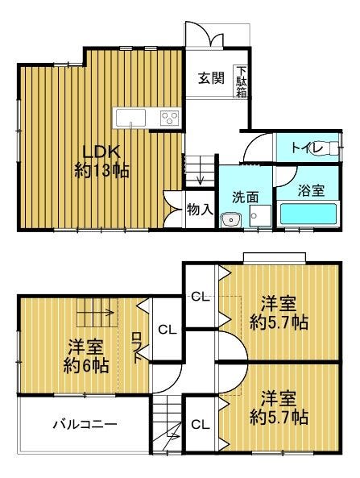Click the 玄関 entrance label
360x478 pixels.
(x=211, y=78)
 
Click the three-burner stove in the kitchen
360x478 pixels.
(x=170, y=118)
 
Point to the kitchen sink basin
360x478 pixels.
(x=131, y=118)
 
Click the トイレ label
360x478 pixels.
(x=307, y=148)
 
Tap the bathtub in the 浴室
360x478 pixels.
(x=308, y=214)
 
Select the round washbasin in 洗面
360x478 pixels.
(x=231, y=219)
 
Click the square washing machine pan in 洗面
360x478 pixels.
(x=260, y=215)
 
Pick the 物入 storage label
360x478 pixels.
(x=200, y=210)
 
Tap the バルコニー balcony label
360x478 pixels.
(x=85, y=424)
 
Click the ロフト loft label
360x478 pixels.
(x=138, y=347)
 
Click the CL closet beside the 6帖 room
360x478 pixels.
(x=167, y=330)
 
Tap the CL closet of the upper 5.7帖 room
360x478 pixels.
(x=201, y=297)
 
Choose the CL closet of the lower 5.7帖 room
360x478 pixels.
(x=201, y=424)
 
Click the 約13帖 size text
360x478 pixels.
(x=101, y=171)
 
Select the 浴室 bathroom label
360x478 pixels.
(x=311, y=190)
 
